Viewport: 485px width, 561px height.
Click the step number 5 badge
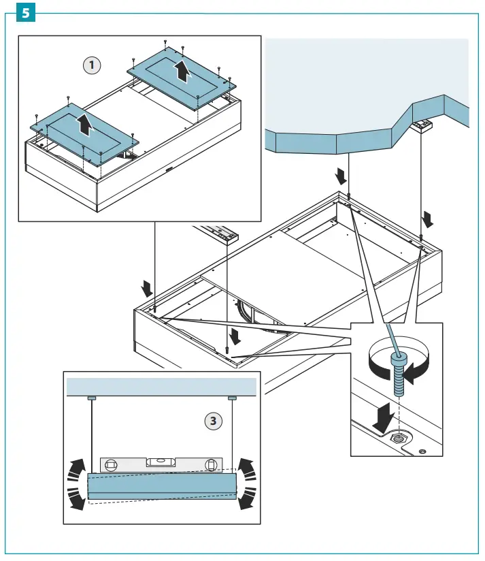[24, 13]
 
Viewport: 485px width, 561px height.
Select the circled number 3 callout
[214, 421]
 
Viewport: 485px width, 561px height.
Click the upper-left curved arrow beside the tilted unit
[77, 468]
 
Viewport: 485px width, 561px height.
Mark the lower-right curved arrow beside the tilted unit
[246, 499]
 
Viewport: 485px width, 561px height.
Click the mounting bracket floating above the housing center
[224, 236]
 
